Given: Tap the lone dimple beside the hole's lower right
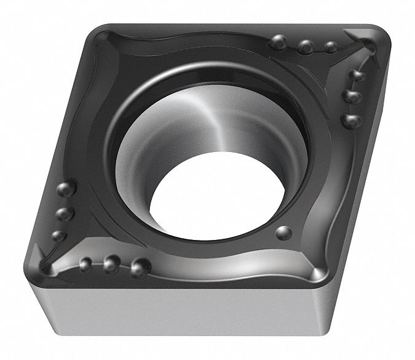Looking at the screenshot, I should pos(283,232).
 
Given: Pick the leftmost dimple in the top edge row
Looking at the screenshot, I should pos(280,42).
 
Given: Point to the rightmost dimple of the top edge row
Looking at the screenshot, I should pos(331,46).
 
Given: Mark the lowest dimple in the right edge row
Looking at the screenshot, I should pos(352,119).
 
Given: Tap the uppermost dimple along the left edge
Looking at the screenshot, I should pos(67,187).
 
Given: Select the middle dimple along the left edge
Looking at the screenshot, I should pos(61,213).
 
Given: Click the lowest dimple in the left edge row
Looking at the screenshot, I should pos(58,235).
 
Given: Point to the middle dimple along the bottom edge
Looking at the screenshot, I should pos(111,265).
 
